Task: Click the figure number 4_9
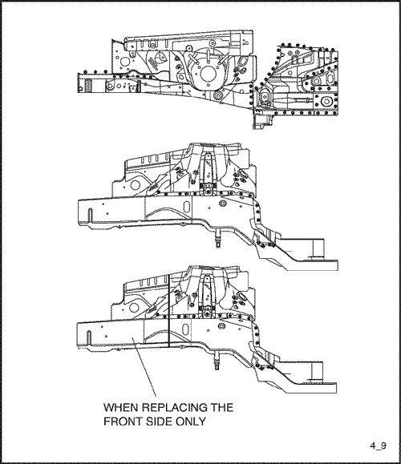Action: click(x=378, y=446)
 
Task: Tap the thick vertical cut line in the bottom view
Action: click(x=168, y=310)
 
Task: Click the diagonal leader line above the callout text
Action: click(x=144, y=368)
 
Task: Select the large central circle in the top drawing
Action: click(x=209, y=74)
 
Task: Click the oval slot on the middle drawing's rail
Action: click(x=187, y=207)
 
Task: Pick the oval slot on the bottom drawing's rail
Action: click(x=186, y=329)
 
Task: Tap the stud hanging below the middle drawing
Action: click(x=219, y=237)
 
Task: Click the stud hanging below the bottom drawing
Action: click(x=217, y=361)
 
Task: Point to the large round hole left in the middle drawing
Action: click(x=135, y=184)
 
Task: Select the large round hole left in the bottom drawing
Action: click(x=134, y=307)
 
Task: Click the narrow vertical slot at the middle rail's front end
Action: click(x=91, y=215)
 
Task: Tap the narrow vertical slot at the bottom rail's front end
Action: click(x=88, y=337)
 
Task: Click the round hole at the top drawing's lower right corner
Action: click(x=326, y=101)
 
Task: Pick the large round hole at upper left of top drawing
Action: click(x=126, y=62)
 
